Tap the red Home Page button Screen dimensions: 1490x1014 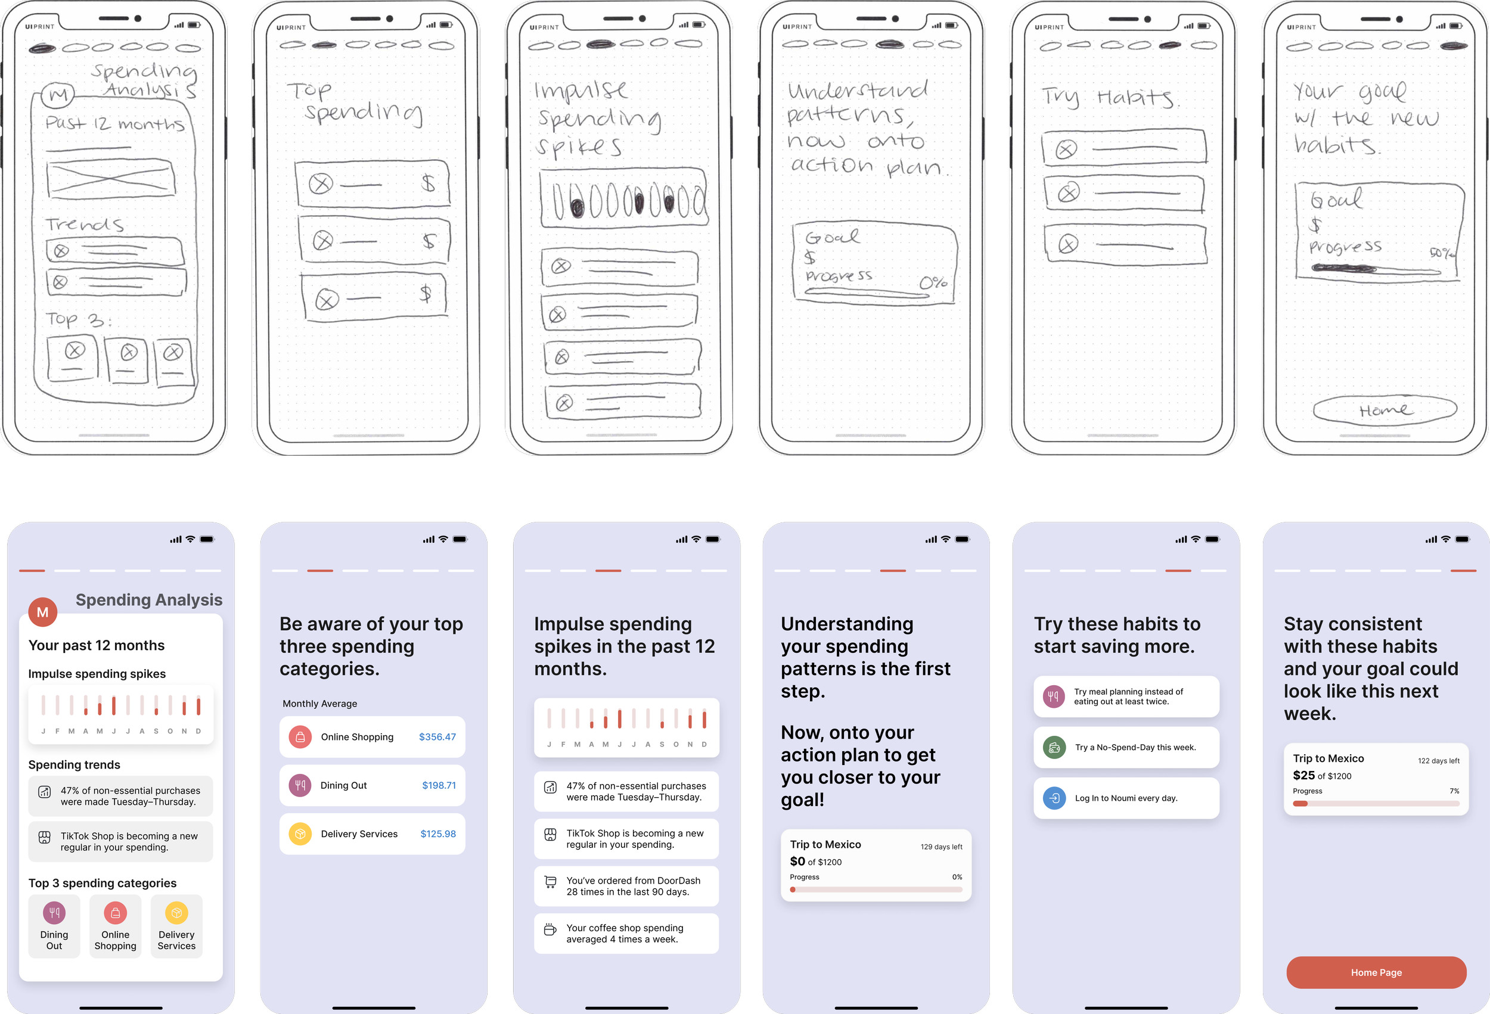click(1376, 972)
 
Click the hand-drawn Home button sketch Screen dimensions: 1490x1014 click(1385, 409)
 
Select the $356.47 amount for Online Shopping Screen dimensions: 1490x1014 click(437, 737)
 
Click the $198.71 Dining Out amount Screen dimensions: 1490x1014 click(439, 785)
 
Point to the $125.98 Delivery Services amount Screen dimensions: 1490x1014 click(438, 834)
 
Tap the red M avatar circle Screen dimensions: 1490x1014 click(43, 612)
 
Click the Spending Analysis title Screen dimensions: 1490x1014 click(149, 600)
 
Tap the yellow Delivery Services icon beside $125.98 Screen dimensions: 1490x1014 click(300, 834)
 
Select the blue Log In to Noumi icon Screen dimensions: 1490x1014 click(1054, 798)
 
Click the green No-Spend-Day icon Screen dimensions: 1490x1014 click(1054, 747)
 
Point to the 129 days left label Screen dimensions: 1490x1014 click(941, 847)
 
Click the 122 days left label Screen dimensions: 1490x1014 click(1439, 761)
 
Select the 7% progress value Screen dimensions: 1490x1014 click(1454, 791)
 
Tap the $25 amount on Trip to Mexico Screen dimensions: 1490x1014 click(1303, 776)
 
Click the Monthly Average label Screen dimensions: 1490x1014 click(320, 704)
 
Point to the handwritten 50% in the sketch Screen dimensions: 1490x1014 click(1442, 253)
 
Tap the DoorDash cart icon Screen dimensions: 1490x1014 click(550, 882)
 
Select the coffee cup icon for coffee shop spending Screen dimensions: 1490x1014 click(550, 930)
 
